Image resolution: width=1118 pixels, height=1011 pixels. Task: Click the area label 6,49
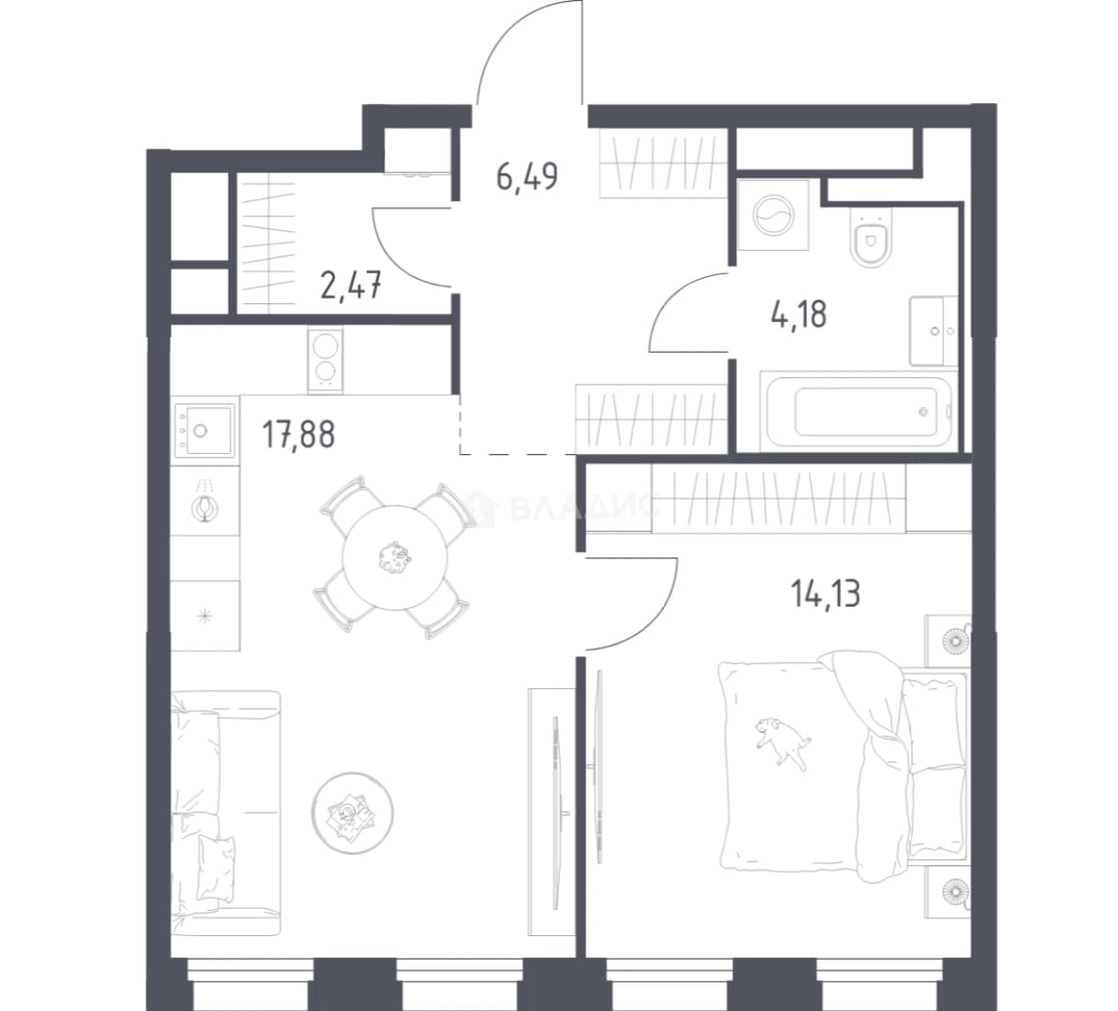(527, 176)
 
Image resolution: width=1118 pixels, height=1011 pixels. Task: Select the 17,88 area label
(298, 434)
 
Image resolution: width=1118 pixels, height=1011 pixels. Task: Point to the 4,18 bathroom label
(799, 315)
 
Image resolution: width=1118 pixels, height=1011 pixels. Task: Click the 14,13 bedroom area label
(826, 593)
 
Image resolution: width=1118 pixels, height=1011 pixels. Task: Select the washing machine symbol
(773, 215)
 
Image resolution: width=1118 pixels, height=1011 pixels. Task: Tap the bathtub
(857, 411)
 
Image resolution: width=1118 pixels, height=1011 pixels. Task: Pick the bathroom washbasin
(934, 330)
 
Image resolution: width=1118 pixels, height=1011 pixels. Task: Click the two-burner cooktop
(325, 359)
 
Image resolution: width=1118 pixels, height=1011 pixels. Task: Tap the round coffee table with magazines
(352, 812)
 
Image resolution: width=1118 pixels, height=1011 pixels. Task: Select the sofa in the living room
(226, 803)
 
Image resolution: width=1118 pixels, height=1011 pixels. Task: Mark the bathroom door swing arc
(670, 296)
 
